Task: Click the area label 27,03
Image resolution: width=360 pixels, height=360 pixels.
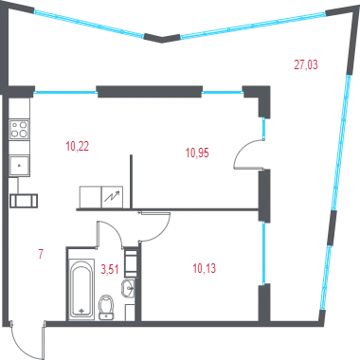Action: pyautogui.click(x=306, y=64)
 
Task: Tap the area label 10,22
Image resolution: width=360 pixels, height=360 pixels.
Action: pyautogui.click(x=78, y=147)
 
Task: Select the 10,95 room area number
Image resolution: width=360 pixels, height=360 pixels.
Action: pyautogui.click(x=197, y=153)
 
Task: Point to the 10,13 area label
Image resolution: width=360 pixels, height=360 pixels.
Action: pyautogui.click(x=205, y=269)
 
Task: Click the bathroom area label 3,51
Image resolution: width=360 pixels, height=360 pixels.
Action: pyautogui.click(x=110, y=270)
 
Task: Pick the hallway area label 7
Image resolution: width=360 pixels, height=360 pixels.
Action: pyautogui.click(x=41, y=254)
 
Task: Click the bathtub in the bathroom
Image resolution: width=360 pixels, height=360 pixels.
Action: pyautogui.click(x=81, y=289)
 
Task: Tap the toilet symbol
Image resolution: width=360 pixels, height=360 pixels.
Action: pyautogui.click(x=106, y=307)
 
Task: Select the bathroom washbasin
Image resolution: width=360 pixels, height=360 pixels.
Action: pyautogui.click(x=128, y=288)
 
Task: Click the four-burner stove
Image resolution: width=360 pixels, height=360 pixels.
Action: pyautogui.click(x=19, y=130)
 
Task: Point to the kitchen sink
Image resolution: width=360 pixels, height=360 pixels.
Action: pyautogui.click(x=19, y=166)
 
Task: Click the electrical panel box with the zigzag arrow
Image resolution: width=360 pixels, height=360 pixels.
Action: pyautogui.click(x=112, y=197)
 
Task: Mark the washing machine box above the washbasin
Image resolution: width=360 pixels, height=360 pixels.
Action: pyautogui.click(x=131, y=263)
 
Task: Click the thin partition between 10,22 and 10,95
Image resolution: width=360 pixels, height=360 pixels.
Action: pyautogui.click(x=131, y=181)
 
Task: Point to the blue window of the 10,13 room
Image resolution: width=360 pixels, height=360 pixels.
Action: pyautogui.click(x=263, y=253)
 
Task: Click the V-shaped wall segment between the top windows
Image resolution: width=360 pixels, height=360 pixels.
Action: pyautogui.click(x=162, y=39)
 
